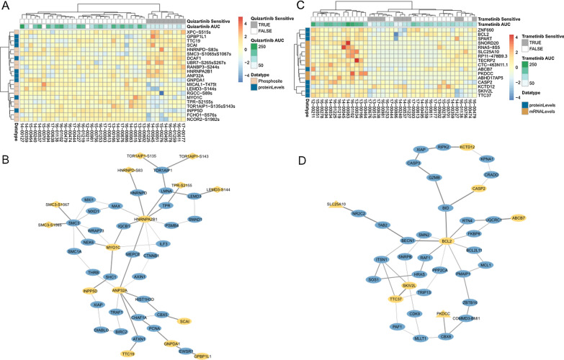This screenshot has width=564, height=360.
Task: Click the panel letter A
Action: point(6,6)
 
